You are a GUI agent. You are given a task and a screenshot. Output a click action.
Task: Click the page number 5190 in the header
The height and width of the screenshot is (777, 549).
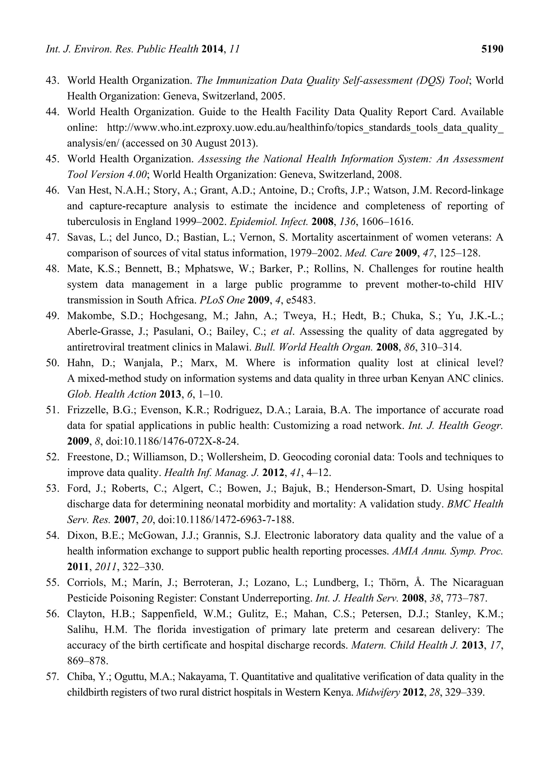click(492, 49)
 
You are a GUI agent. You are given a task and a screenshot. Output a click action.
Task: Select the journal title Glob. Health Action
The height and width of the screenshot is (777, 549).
click(112, 394)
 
